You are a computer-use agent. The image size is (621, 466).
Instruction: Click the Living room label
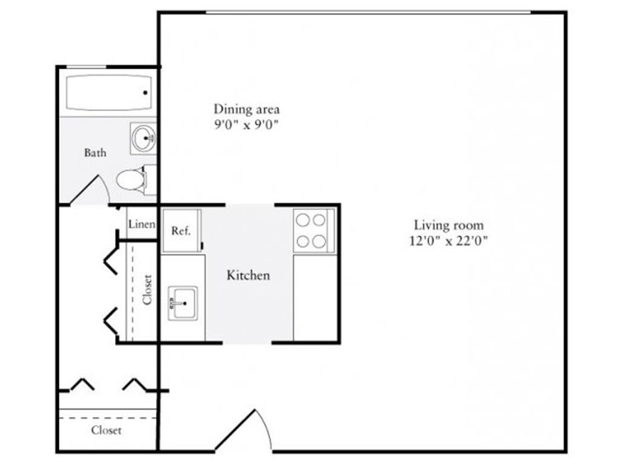click(x=449, y=225)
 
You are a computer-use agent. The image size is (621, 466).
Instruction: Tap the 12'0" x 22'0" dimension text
click(x=448, y=240)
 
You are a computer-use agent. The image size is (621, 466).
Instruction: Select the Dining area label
click(x=246, y=109)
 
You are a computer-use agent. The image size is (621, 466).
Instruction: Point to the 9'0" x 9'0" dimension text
click(x=246, y=125)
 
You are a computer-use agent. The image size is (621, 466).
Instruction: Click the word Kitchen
click(x=248, y=275)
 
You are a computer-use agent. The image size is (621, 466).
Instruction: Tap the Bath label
click(x=95, y=152)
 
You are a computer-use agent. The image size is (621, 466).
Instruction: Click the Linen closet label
click(x=141, y=225)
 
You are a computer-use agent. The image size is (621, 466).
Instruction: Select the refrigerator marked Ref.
click(x=181, y=231)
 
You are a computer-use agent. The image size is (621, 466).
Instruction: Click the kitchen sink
click(x=183, y=303)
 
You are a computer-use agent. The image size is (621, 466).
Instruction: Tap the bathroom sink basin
click(x=143, y=138)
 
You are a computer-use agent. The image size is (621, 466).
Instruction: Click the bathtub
click(x=109, y=93)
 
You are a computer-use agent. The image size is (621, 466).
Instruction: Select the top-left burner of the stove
click(x=303, y=220)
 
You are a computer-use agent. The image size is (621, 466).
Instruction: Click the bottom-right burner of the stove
click(x=319, y=241)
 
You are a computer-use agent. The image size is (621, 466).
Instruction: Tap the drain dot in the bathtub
click(x=146, y=93)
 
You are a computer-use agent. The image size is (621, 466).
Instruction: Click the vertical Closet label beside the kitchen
click(x=147, y=289)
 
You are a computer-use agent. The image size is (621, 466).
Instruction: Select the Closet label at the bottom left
click(x=106, y=430)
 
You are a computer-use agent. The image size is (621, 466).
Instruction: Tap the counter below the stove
click(x=315, y=297)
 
